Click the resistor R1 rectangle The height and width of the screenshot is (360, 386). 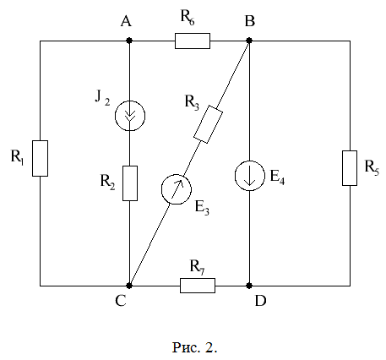40,158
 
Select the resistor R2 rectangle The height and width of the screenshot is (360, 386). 130,183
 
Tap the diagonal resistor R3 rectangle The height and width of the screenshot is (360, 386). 208,124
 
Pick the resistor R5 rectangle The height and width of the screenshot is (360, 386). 350,168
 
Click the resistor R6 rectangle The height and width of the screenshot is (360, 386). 193,41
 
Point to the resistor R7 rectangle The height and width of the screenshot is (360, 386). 198,286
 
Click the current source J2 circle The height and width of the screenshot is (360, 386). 130,116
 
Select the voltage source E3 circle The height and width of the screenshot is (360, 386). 177,189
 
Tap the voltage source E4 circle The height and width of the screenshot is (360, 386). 250,176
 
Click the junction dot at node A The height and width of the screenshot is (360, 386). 129,41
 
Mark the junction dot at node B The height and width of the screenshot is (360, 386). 249,41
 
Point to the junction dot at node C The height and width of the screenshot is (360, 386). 129,286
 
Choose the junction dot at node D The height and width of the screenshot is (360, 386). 249,286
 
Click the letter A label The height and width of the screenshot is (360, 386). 126,21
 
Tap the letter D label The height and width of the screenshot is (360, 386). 260,301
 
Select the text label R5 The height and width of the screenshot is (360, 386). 372,167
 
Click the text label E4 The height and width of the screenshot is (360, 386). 277,177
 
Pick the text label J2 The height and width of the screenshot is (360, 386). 102,98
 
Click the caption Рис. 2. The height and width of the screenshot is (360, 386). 194,347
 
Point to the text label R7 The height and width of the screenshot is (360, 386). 197,267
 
